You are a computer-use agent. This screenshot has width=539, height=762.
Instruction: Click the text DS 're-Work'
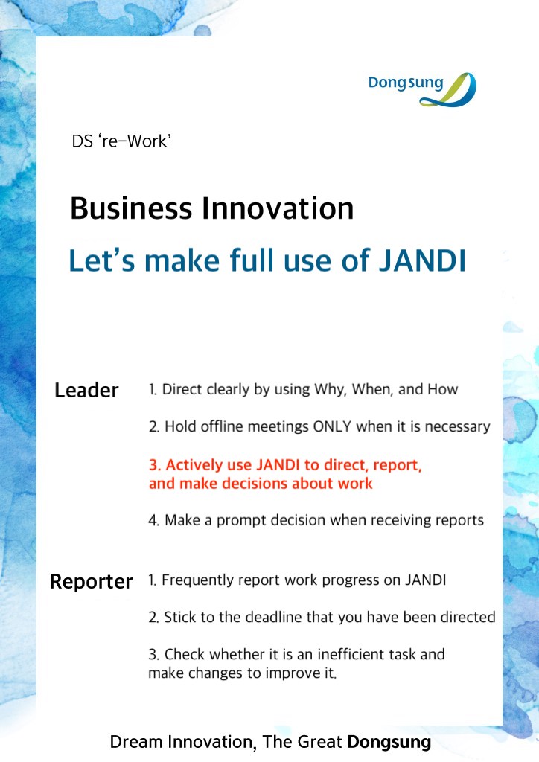[x=121, y=141]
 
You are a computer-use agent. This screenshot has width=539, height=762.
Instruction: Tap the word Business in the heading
[x=131, y=208]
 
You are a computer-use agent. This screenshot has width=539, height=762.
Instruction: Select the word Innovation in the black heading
[x=278, y=208]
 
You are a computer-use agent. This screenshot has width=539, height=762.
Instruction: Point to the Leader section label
[x=86, y=390]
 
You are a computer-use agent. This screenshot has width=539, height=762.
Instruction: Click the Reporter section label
[x=91, y=581]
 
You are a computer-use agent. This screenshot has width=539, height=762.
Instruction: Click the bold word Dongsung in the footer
[x=389, y=743]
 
